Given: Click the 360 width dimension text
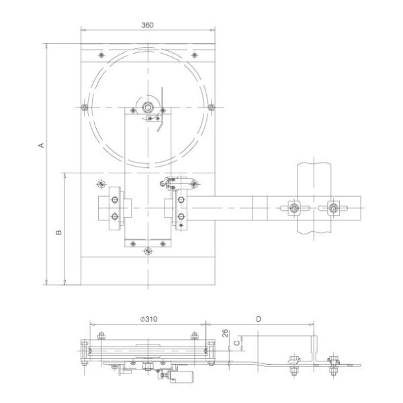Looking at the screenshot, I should [148, 25].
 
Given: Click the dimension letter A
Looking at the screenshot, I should [40, 145].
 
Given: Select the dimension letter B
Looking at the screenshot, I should [58, 232].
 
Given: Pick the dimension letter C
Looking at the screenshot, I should [236, 344].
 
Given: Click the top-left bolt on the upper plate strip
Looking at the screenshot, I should [100, 54].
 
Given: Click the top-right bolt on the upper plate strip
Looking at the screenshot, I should [195, 54].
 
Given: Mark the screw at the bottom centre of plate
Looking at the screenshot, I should [148, 253].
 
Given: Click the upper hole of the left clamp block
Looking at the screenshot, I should [114, 201].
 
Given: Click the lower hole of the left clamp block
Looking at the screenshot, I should [114, 216].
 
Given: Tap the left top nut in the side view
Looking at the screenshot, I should [101, 337].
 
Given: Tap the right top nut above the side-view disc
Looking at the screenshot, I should [195, 337].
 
